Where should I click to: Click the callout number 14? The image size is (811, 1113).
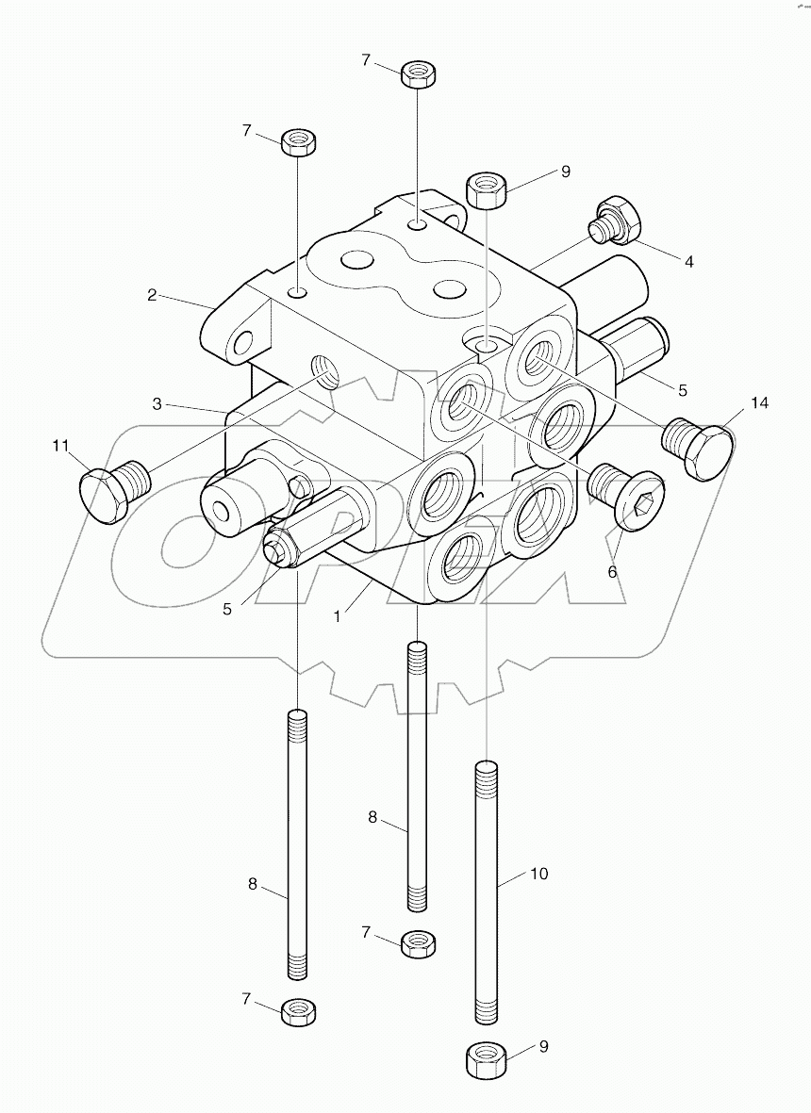click(x=760, y=403)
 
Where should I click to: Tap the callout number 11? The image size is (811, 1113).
click(x=61, y=446)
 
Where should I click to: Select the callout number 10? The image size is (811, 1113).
click(x=538, y=874)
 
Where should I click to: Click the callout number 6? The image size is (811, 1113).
click(x=612, y=571)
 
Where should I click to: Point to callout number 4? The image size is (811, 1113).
click(x=689, y=262)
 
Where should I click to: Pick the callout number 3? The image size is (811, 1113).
click(x=159, y=403)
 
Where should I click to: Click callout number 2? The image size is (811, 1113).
click(x=151, y=294)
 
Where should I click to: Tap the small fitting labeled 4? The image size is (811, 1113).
click(x=617, y=219)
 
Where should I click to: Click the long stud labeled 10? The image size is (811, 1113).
click(x=486, y=891)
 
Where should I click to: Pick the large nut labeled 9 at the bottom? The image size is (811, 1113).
click(x=486, y=1059)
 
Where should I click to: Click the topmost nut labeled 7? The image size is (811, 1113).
click(x=417, y=73)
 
